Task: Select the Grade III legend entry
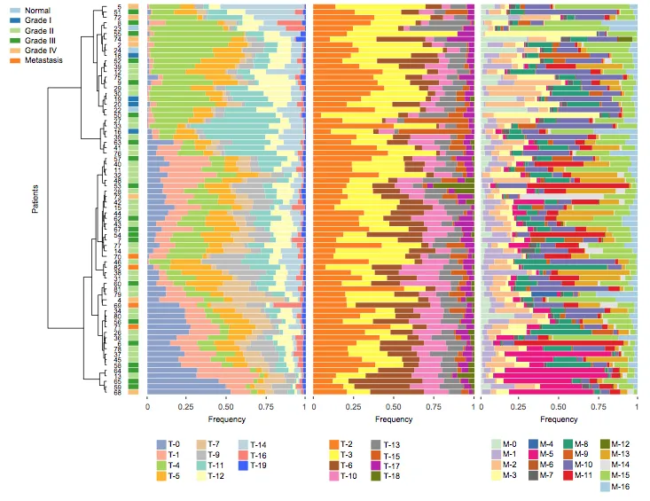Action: click(x=40, y=41)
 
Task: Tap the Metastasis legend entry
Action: click(x=42, y=60)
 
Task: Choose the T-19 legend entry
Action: click(x=258, y=465)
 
